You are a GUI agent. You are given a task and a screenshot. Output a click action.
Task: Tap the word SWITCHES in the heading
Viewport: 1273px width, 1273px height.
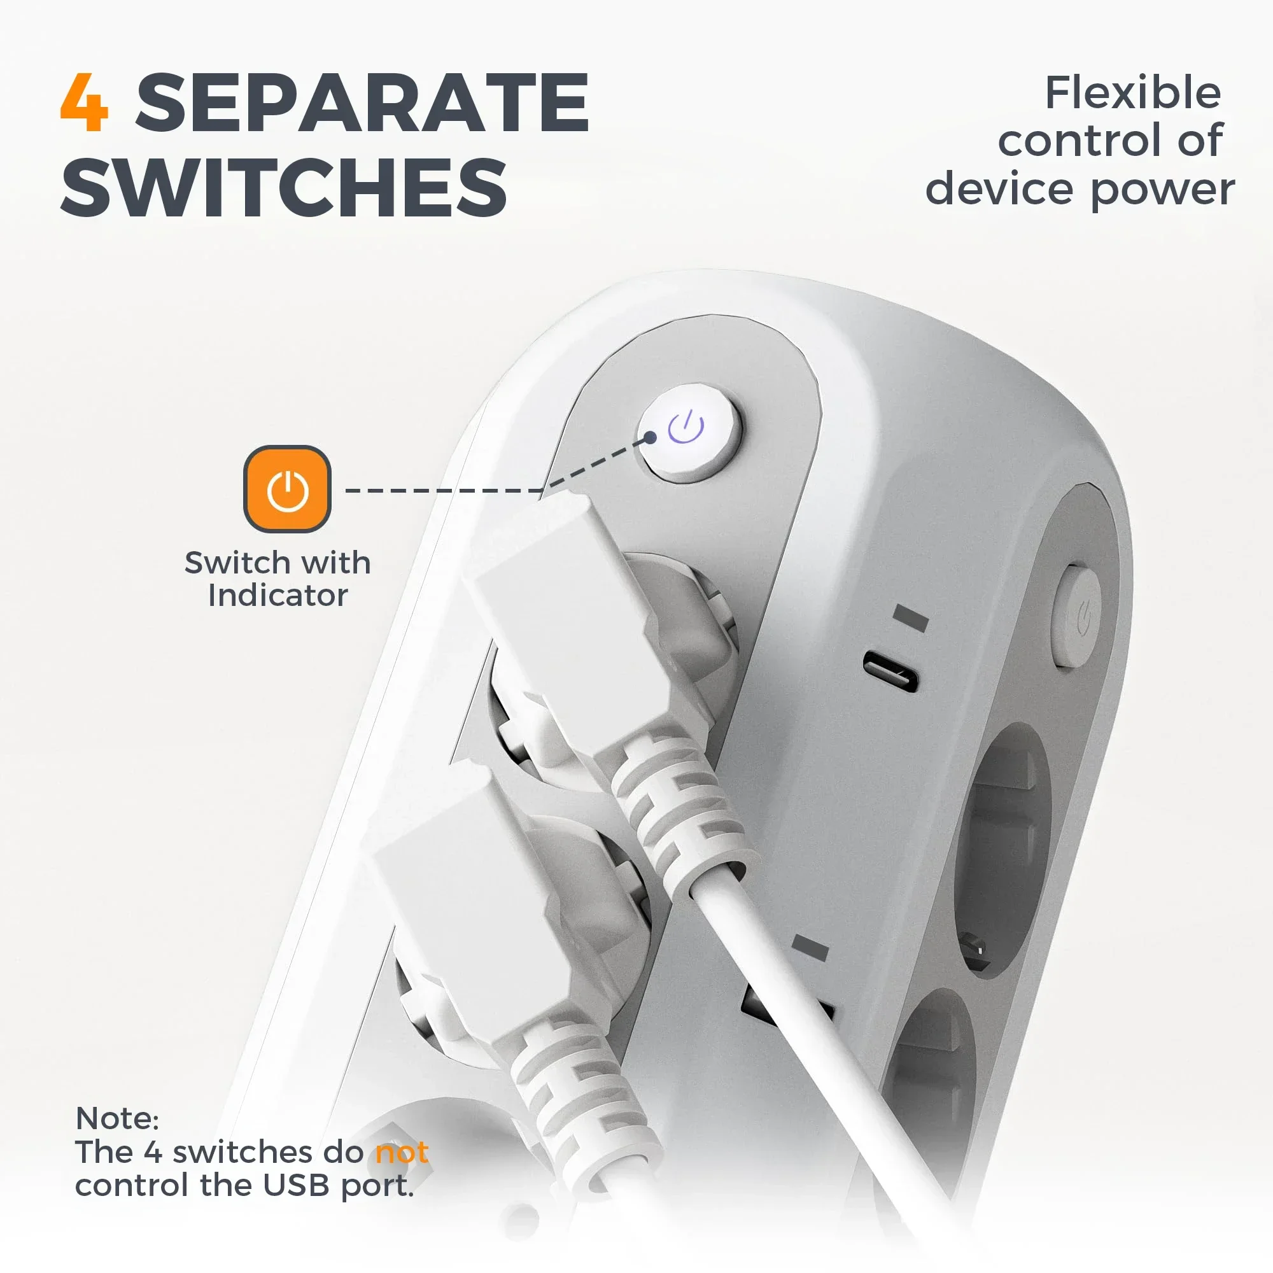click(x=284, y=187)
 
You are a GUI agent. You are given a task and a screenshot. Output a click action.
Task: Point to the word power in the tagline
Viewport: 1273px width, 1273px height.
click(x=1162, y=190)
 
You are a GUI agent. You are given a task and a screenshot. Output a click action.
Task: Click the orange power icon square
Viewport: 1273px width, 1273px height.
click(x=287, y=489)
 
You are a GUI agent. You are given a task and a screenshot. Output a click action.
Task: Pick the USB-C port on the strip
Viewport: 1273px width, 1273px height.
click(x=890, y=670)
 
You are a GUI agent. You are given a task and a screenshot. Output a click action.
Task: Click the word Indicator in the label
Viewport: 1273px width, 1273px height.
click(x=278, y=595)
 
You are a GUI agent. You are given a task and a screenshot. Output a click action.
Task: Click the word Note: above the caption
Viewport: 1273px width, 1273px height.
click(x=117, y=1118)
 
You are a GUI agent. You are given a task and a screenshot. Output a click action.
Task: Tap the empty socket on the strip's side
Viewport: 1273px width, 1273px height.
click(x=1001, y=850)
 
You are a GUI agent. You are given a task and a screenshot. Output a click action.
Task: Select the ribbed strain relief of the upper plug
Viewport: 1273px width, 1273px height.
click(x=679, y=804)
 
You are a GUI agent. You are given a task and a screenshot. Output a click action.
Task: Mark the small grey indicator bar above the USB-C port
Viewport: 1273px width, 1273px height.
click(x=911, y=617)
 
